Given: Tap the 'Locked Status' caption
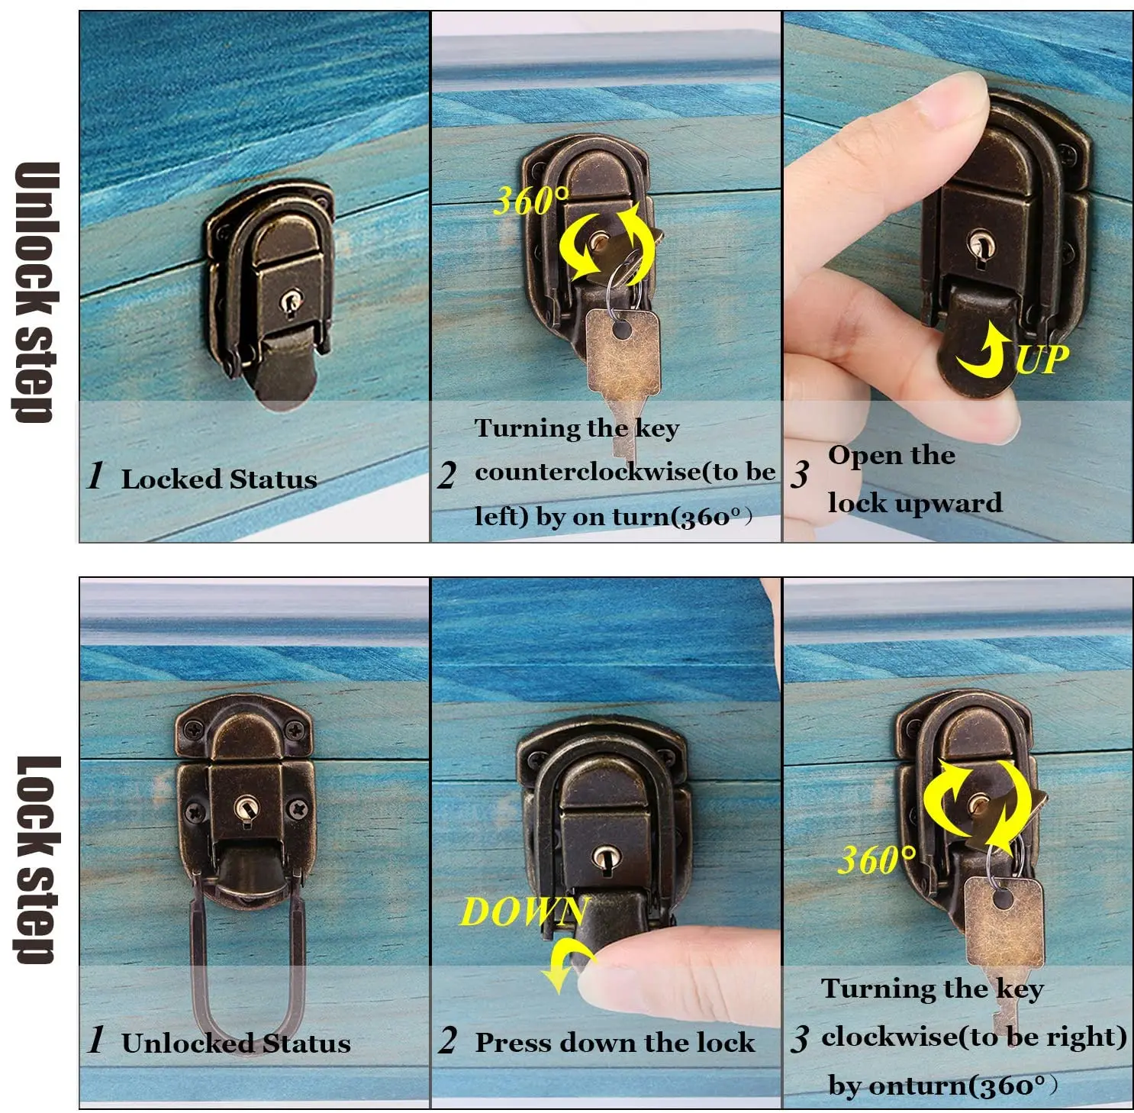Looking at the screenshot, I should [218, 479].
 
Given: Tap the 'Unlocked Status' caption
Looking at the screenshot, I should [235, 1043].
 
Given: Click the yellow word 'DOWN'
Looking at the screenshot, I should [523, 912].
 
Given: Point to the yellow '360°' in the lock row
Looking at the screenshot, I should [876, 860].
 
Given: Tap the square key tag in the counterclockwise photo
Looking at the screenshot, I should [622, 353].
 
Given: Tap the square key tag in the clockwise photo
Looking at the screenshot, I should [1003, 920].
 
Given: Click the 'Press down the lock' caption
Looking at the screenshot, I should [614, 1043].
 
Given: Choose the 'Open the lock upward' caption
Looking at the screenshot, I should [913, 479].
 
